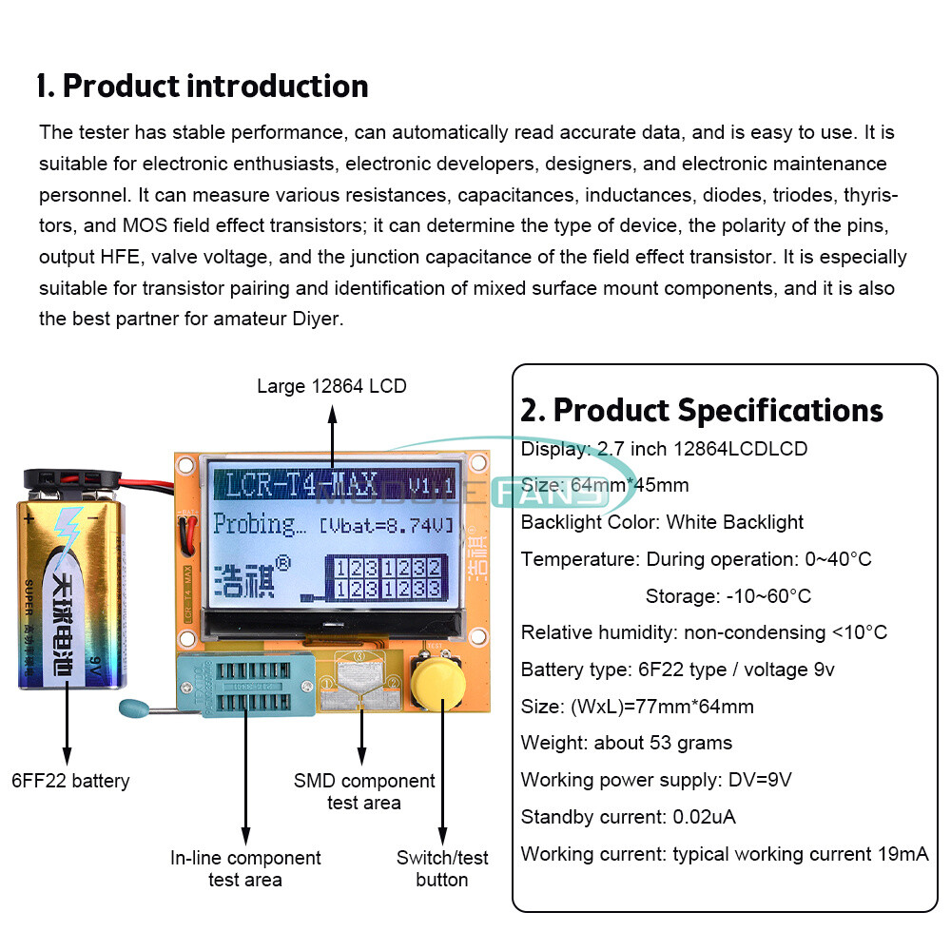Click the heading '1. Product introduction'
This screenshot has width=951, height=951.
[x=202, y=86]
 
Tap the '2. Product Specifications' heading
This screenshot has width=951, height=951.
[x=702, y=410]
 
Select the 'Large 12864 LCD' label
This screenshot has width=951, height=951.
[x=332, y=386]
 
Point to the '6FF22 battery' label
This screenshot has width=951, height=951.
[x=70, y=781]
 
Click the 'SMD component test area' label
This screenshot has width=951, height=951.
[x=364, y=791]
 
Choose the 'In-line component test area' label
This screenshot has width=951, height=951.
[x=245, y=868]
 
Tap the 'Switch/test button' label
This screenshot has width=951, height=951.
[x=442, y=868]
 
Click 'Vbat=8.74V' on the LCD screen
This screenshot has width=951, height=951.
[x=386, y=525]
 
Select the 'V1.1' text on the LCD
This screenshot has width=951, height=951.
[x=430, y=485]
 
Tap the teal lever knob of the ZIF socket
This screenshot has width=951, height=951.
[x=133, y=708]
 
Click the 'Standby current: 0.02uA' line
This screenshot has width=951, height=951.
[x=629, y=817]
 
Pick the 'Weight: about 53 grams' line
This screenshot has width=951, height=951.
[x=627, y=743]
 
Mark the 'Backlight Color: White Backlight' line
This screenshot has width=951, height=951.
[x=662, y=522]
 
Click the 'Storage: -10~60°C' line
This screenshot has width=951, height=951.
[x=728, y=596]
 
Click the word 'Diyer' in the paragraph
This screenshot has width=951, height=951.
[x=318, y=319]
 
